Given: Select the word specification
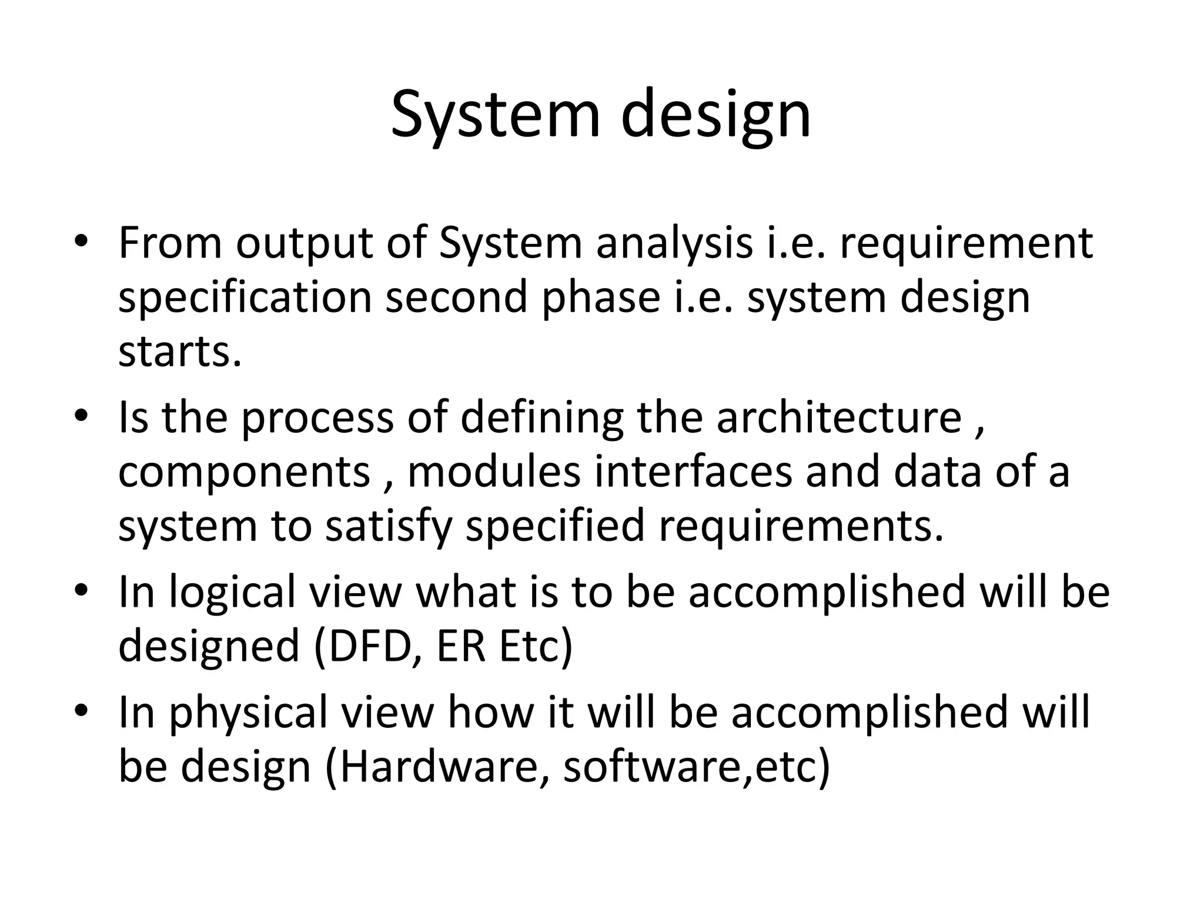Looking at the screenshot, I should [x=245, y=299].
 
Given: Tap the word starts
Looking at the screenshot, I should [x=180, y=353].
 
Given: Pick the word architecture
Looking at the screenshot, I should [x=838, y=417].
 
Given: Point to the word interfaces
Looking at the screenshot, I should [x=693, y=472].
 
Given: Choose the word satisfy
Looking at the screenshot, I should [x=389, y=527].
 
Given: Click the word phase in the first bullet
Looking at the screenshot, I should [x=601, y=299].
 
